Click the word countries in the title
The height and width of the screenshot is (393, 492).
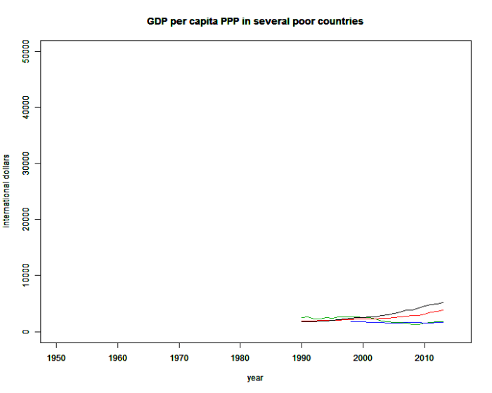tap(339, 22)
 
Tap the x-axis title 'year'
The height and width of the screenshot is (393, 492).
tap(255, 378)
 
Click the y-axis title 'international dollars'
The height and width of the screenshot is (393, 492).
tap(7, 191)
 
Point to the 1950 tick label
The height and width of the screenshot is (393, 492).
tap(57, 358)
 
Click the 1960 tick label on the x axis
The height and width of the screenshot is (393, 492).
tap(118, 358)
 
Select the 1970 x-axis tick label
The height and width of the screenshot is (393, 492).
tap(179, 358)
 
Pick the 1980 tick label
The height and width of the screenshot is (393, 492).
tap(240, 358)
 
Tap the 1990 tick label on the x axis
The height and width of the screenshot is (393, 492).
tap(302, 358)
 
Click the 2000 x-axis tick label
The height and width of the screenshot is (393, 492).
tap(363, 358)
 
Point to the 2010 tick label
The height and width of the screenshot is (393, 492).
tap(424, 358)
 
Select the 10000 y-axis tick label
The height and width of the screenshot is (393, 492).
tap(27, 276)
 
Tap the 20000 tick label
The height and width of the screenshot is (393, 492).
tap(27, 220)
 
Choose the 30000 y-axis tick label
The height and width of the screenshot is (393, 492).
tap(27, 164)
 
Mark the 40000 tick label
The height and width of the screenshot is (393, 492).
tap(27, 107)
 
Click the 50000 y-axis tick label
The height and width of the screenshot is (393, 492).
tap(27, 51)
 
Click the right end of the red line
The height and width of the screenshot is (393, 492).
tap(443, 310)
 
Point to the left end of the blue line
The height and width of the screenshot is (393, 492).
tap(351, 321)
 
